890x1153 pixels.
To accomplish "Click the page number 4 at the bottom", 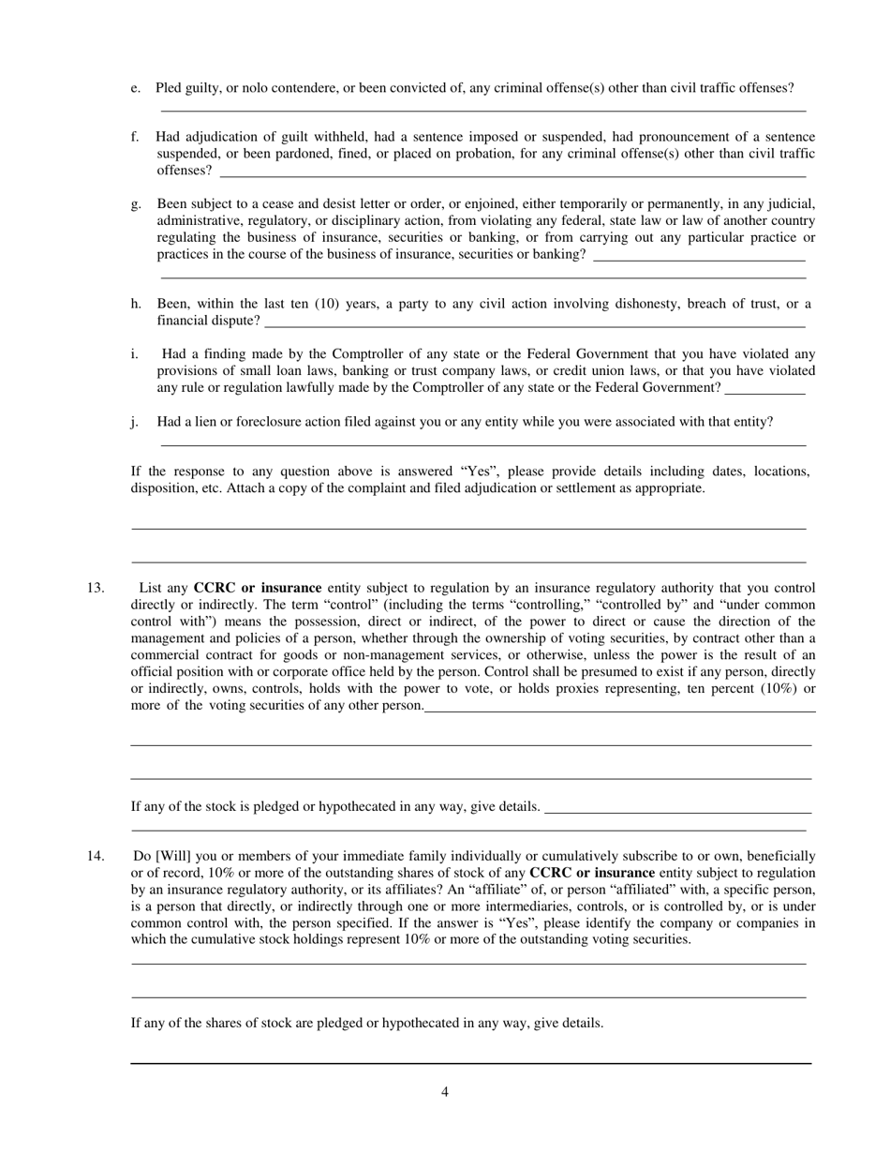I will click(x=445, y=1091).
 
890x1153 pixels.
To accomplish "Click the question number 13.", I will click(x=96, y=588).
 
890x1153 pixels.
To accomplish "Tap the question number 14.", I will click(x=96, y=856).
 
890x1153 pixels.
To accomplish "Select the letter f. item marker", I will click(x=137, y=137).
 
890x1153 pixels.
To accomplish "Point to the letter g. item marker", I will click(x=137, y=203).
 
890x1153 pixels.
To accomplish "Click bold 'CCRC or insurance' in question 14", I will click(x=592, y=873).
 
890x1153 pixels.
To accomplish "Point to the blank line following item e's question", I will click(x=482, y=111).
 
